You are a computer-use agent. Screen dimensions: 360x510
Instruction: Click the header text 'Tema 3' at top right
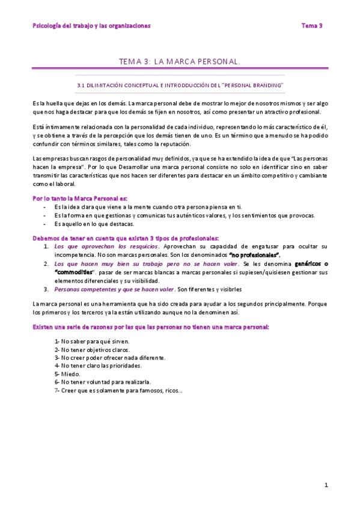pos(312,26)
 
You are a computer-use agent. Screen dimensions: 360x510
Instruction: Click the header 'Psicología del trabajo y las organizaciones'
pos(91,26)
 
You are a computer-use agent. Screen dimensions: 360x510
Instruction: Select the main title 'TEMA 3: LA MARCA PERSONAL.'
pos(180,61)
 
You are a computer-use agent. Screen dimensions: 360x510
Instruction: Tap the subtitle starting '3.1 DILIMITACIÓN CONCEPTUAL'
pos(180,86)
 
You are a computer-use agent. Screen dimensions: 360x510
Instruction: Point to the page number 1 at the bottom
pos(326,485)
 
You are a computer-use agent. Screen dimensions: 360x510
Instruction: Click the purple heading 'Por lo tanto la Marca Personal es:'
pos(79,198)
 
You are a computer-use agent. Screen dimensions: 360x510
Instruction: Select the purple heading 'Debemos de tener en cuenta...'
pos(126,238)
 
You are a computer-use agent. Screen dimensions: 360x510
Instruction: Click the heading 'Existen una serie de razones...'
pos(150,327)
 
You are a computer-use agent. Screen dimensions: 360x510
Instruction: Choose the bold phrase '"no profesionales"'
pos(255,255)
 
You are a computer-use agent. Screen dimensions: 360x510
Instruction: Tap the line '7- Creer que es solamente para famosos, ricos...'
pos(118,390)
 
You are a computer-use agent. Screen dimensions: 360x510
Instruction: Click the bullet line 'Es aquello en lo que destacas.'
pos(94,224)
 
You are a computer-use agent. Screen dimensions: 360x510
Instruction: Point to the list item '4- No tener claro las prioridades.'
pos(98,366)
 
